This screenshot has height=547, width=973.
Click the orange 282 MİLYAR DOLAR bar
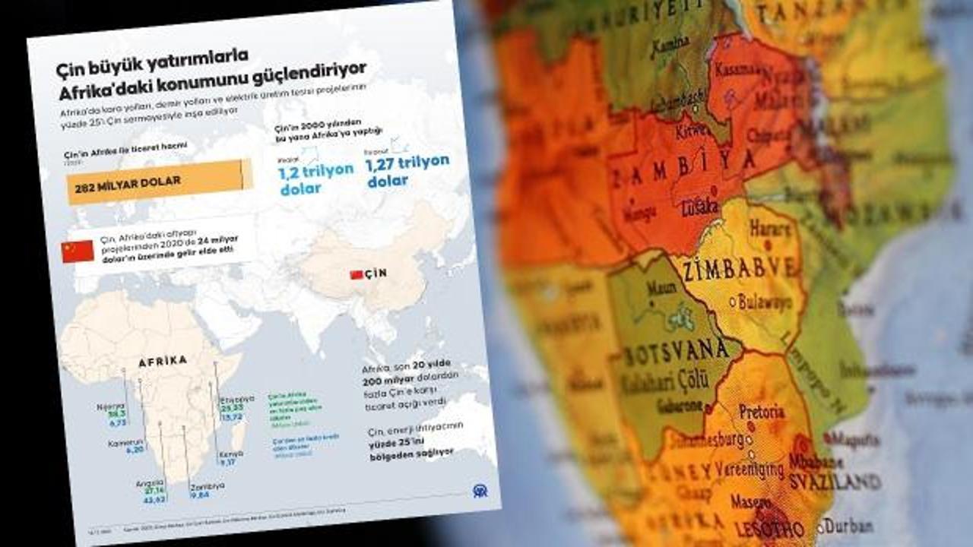[x=159, y=181]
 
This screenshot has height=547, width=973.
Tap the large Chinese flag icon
[x=78, y=251]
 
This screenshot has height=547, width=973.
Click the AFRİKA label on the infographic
[x=163, y=362]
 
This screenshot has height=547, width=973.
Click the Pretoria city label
[x=761, y=413]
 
